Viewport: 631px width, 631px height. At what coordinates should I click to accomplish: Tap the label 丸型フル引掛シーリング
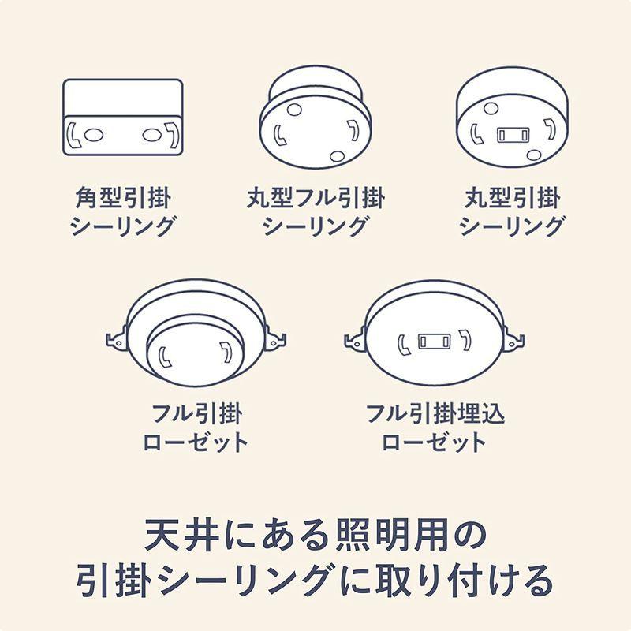[315, 211]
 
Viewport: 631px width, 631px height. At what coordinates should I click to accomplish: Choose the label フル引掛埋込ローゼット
[435, 427]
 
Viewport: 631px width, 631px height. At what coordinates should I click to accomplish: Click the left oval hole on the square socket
[93, 136]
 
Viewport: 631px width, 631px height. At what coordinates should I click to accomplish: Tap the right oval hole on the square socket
[151, 136]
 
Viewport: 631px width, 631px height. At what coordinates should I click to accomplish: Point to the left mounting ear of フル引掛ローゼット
[115, 340]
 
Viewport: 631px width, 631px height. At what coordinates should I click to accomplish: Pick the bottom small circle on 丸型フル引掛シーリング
[338, 156]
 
